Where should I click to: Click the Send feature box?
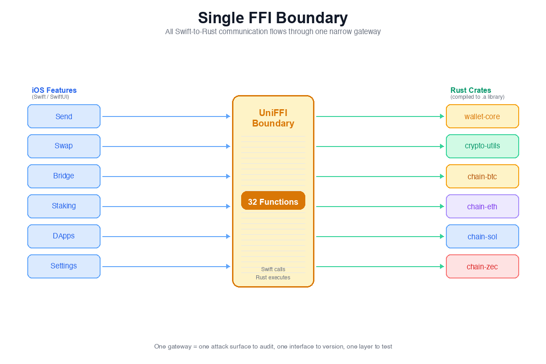pyautogui.click(x=64, y=116)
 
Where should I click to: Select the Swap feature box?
pyautogui.click(x=64, y=146)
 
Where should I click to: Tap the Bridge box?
pyautogui.click(x=64, y=176)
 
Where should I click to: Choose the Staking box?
pyautogui.click(x=64, y=206)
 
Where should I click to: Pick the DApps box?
pyautogui.click(x=64, y=236)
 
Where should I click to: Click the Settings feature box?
pyautogui.click(x=64, y=266)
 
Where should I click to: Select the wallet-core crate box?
pyautogui.click(x=482, y=116)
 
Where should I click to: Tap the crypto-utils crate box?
pyautogui.click(x=482, y=146)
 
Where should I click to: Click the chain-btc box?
pyautogui.click(x=482, y=176)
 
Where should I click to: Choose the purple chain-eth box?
pyautogui.click(x=482, y=206)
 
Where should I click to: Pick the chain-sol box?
pyautogui.click(x=482, y=236)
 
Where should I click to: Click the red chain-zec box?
pyautogui.click(x=482, y=266)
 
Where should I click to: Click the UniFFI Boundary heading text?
pyautogui.click(x=273, y=118)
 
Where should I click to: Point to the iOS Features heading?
pyautogui.click(x=54, y=90)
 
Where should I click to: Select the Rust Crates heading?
pyautogui.click(x=470, y=90)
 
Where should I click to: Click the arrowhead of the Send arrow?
pyautogui.click(x=228, y=116)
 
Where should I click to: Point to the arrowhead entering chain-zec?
pyautogui.click(x=442, y=267)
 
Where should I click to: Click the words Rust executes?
pyautogui.click(x=273, y=278)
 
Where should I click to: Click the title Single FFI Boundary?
pyautogui.click(x=273, y=18)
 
